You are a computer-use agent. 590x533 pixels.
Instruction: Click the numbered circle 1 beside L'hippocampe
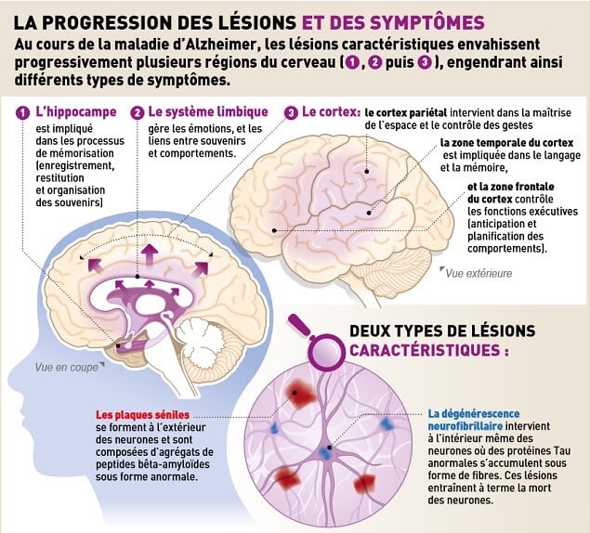[22, 113]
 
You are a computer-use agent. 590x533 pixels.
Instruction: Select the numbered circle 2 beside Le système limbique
[138, 113]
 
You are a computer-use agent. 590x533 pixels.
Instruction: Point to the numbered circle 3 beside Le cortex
[291, 113]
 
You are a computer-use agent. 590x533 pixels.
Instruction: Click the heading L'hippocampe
[76, 112]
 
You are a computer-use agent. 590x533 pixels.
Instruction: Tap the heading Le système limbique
[208, 111]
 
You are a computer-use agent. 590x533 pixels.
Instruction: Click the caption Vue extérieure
[479, 273]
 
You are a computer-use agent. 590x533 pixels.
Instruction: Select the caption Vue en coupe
[67, 367]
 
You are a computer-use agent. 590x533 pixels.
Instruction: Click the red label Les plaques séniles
[142, 415]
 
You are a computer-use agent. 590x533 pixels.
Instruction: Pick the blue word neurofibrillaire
[465, 426]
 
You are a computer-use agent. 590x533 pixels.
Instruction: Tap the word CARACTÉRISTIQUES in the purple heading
[425, 350]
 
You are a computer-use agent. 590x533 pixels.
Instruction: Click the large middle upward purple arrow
[150, 253]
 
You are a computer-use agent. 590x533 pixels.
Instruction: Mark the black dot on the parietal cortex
[367, 172]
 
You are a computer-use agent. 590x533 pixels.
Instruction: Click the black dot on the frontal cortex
[275, 230]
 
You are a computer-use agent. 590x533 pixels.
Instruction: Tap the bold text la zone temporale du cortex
[507, 143]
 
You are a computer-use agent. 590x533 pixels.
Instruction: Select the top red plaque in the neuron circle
[300, 394]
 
